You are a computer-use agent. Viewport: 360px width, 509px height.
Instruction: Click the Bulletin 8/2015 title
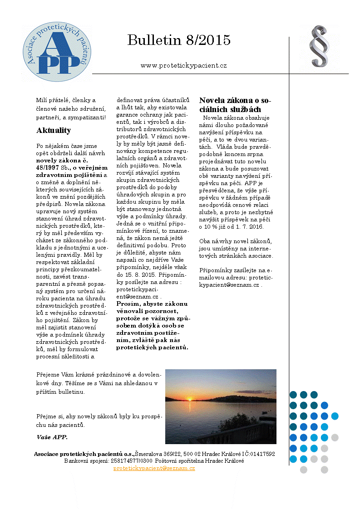click(179, 40)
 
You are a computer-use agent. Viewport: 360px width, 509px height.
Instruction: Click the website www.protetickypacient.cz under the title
click(183, 65)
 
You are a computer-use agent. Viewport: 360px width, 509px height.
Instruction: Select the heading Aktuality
click(54, 131)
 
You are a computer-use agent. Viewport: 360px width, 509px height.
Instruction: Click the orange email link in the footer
click(154, 468)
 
